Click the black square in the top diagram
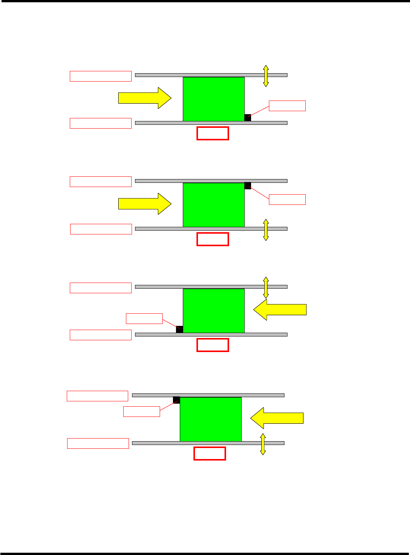click(248, 118)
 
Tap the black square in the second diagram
click(248, 186)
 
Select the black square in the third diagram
click(179, 329)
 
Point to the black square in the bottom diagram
click(176, 400)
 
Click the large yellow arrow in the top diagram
click(145, 98)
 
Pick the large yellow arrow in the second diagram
click(145, 204)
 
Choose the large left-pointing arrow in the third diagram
click(280, 310)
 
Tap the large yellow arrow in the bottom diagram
click(277, 418)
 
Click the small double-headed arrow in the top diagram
click(266, 76)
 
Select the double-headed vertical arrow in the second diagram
click(266, 230)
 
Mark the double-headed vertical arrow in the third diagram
click(266, 287)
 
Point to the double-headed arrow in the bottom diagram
click(263, 444)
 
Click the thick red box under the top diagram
click(213, 133)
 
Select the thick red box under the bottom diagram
click(210, 453)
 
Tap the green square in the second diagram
click(214, 205)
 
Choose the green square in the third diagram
click(214, 311)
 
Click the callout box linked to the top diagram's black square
click(287, 106)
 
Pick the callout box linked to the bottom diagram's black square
click(141, 412)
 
